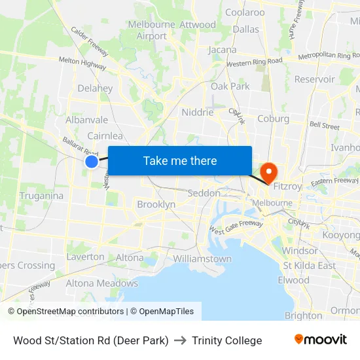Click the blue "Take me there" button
point(180,160)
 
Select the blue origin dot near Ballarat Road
point(92,162)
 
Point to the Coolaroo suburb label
point(245,12)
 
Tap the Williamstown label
point(202,259)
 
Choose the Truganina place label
point(42,196)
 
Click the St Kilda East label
point(309,266)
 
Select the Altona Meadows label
point(101,283)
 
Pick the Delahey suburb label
point(95,88)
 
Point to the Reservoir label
point(315,79)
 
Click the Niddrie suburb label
point(198,112)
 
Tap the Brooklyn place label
point(156,204)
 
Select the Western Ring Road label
point(255,63)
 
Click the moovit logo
point(321,340)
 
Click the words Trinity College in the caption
point(227,340)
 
